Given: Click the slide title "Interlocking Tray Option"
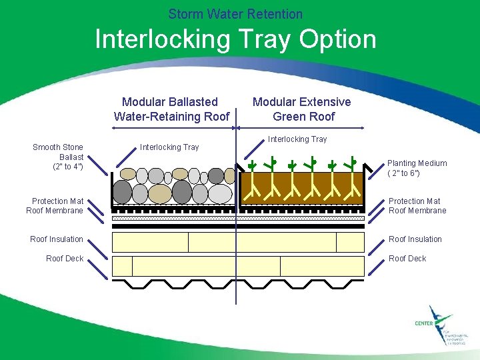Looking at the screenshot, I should (x=235, y=39).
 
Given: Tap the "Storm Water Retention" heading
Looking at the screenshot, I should (x=235, y=13).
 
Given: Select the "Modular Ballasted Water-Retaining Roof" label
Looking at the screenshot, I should (x=171, y=109).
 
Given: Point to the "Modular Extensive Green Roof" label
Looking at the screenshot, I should (x=301, y=109).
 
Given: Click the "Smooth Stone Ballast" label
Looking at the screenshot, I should (x=58, y=157).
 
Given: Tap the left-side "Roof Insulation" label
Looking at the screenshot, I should (x=57, y=239).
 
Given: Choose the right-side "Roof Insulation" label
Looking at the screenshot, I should (x=415, y=239).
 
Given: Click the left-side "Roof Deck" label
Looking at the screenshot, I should (x=65, y=259).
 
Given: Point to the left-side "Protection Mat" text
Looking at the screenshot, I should (x=58, y=201).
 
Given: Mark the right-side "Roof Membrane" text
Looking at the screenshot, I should (x=417, y=211).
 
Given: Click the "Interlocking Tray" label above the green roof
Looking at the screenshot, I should (x=297, y=139).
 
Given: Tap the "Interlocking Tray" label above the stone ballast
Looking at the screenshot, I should (x=169, y=147).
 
